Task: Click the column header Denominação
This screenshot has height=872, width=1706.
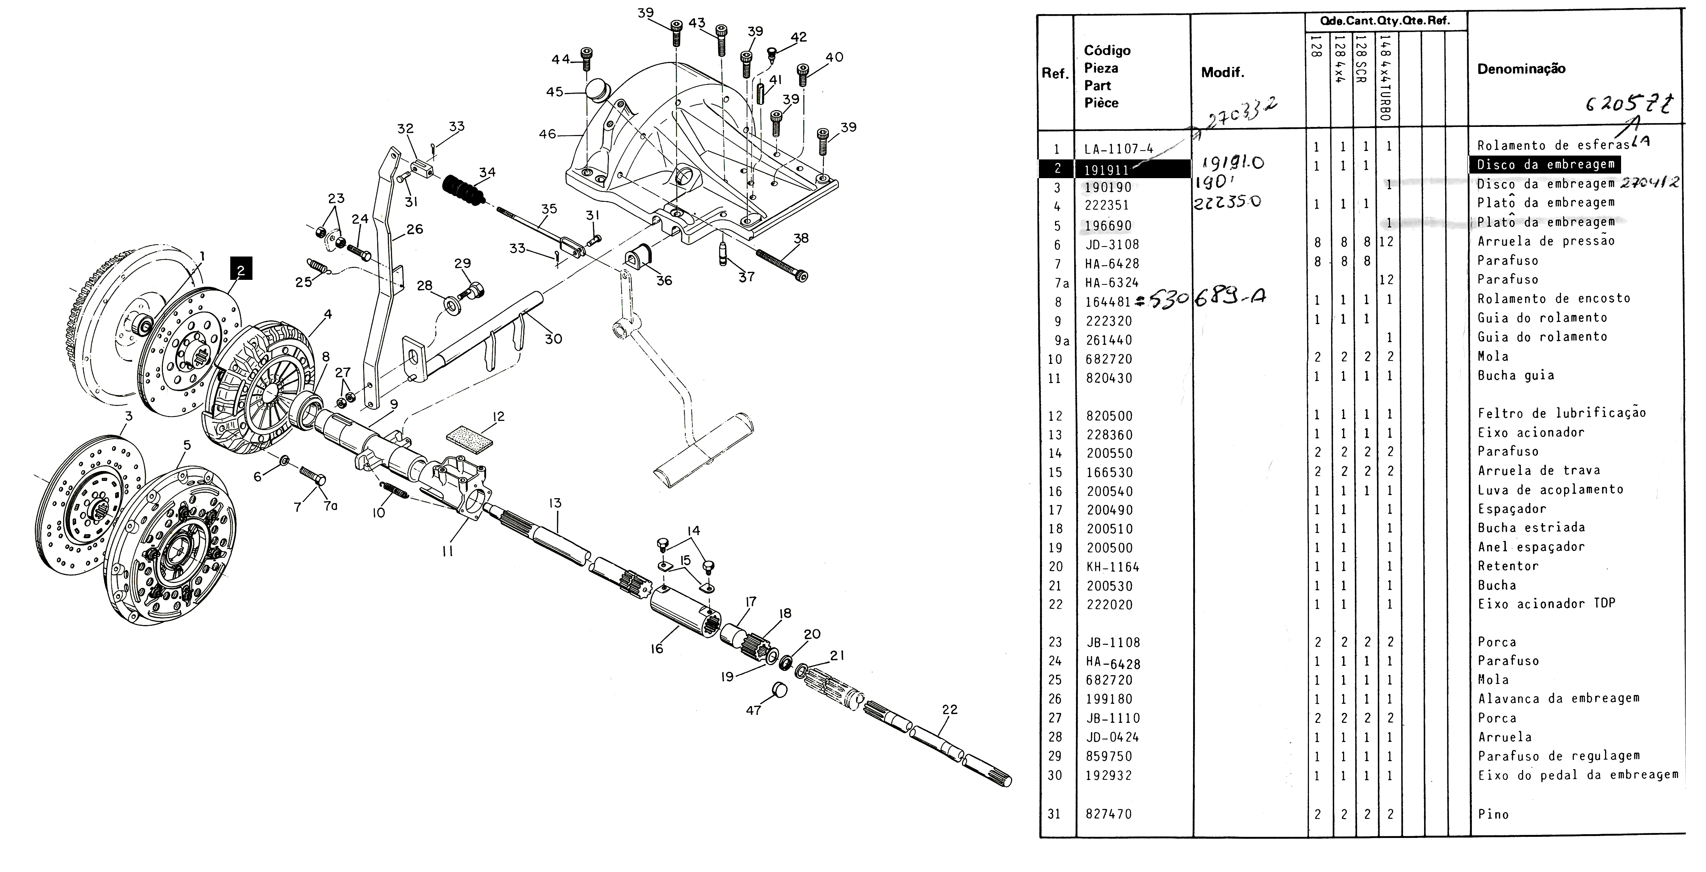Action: pos(1521,69)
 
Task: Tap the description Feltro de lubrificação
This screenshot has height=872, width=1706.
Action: pos(1561,413)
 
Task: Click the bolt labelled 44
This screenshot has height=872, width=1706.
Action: pos(586,58)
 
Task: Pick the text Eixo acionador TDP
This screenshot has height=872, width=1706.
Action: pos(1546,604)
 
